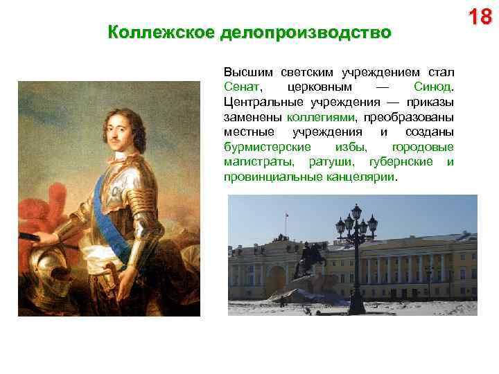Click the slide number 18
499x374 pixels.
pos(480,16)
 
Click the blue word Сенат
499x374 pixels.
pos(241,88)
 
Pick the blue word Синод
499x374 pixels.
pos(432,88)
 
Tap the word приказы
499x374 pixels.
pos(430,103)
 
